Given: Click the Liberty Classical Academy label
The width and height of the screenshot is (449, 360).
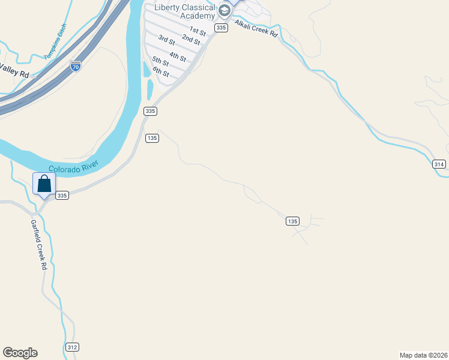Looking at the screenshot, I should click(184, 11).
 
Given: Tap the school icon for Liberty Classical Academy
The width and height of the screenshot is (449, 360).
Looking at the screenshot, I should click(224, 10).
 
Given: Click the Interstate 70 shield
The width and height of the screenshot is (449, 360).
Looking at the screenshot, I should click(76, 66).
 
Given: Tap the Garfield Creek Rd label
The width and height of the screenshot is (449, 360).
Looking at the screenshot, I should click(38, 244).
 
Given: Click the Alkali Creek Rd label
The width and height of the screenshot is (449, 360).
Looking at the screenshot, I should click(256, 28).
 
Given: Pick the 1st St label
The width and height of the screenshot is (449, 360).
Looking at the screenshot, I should click(197, 30).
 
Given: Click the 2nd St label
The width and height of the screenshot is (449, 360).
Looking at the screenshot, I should click(191, 40).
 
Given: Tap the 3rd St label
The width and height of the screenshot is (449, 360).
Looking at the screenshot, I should click(166, 40).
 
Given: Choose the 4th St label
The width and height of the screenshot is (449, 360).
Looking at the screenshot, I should click(178, 57).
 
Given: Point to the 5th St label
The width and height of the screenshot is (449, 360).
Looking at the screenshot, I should click(160, 61).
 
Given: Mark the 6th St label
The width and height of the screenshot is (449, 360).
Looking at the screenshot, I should click(160, 72).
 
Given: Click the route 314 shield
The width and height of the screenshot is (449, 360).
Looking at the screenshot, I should click(439, 164).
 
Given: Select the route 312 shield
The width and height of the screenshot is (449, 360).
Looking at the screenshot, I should click(72, 347).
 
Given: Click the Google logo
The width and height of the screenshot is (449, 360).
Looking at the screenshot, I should click(20, 353).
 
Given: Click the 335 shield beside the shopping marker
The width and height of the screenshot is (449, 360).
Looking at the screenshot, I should click(62, 196).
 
